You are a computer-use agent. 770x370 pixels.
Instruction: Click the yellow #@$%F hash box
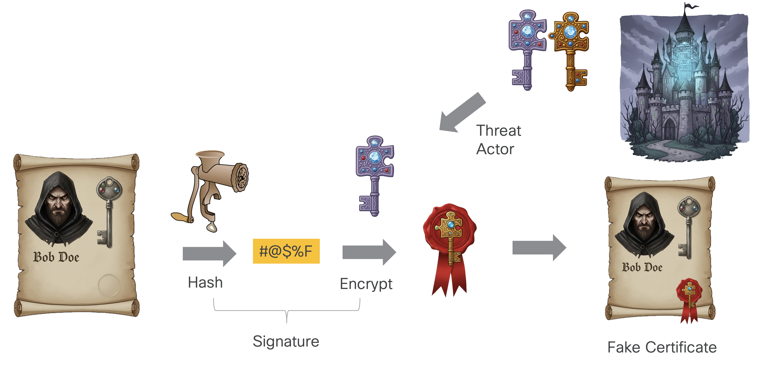click(x=286, y=251)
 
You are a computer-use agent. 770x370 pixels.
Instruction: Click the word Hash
click(x=205, y=283)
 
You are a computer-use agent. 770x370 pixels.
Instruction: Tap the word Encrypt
click(x=366, y=284)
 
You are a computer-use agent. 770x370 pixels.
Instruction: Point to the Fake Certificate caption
click(x=662, y=347)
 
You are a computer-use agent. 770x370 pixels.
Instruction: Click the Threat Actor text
click(x=499, y=140)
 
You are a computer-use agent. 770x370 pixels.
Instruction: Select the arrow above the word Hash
click(x=210, y=253)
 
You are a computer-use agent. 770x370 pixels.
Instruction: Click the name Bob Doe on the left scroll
click(x=56, y=257)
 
